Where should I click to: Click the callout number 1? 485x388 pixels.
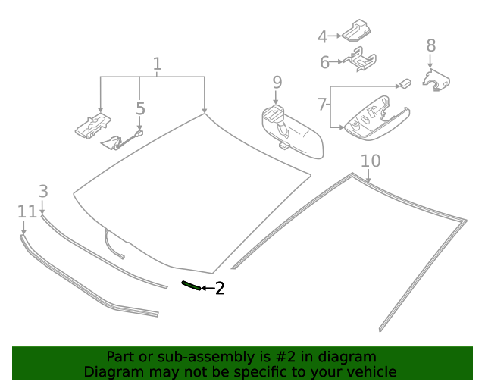[157, 64]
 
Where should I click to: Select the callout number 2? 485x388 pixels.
[220, 288]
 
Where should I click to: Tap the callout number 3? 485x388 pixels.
[43, 192]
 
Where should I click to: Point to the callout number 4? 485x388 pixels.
[322, 36]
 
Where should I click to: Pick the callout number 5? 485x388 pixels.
[140, 109]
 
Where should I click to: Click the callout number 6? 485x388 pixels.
[324, 62]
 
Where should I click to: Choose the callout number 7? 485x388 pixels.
[322, 103]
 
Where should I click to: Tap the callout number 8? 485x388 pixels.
[430, 45]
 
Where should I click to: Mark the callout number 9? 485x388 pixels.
[277, 81]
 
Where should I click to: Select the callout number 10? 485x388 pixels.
[371, 161]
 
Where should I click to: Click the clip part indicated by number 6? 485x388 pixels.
[361, 58]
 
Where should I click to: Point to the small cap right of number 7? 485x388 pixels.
[405, 82]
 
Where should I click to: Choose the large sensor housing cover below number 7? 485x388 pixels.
[375, 117]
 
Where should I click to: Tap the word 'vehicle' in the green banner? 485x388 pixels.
[371, 371]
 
